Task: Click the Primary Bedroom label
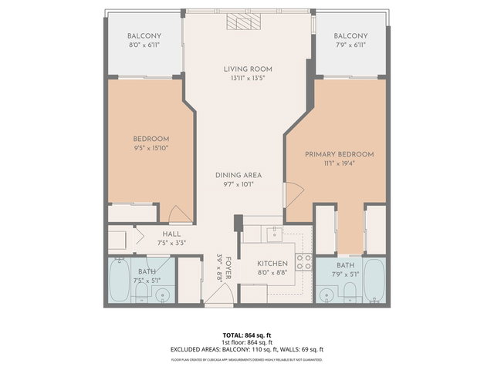tap(339, 155)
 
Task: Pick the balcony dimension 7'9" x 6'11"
tap(350, 45)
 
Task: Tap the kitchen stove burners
tap(304, 261)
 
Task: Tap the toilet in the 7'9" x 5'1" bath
tap(348, 292)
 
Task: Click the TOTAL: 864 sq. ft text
tap(246, 335)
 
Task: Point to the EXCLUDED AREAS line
tap(246, 349)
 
